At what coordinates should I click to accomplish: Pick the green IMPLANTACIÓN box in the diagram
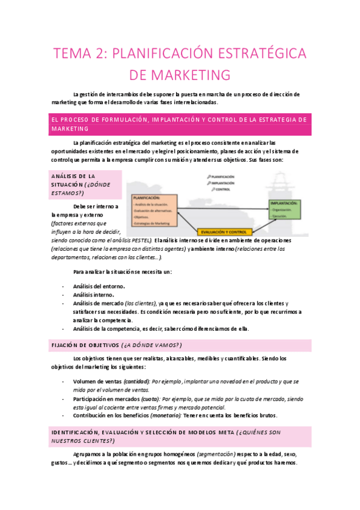[x=284, y=210]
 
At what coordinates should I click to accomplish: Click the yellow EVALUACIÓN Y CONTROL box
[x=224, y=232]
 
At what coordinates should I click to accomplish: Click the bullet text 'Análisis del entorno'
[x=98, y=286]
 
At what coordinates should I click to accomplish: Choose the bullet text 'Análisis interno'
[x=93, y=295]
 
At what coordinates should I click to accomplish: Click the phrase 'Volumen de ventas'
[x=97, y=382]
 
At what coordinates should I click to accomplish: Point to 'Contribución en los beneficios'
[x=112, y=415]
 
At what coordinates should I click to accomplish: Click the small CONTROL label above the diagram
[x=223, y=189]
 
